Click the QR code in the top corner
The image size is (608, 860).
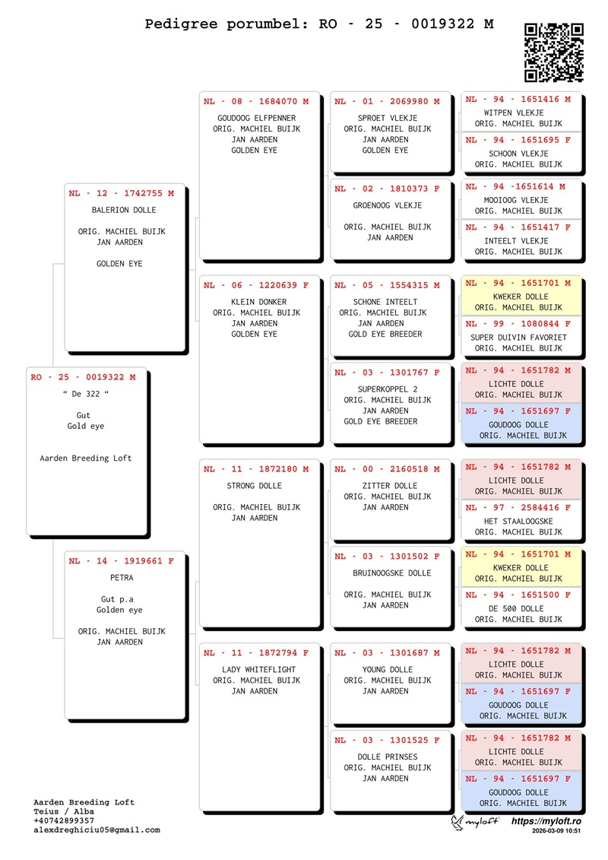tap(554, 52)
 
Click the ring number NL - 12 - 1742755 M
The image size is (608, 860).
tap(121, 193)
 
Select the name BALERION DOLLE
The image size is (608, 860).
tap(124, 210)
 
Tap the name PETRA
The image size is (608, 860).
tap(122, 578)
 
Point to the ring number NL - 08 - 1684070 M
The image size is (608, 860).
tap(256, 101)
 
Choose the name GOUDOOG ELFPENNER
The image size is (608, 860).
tap(256, 118)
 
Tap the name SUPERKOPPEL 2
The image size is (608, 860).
tap(388, 389)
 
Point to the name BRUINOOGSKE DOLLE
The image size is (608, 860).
tap(392, 573)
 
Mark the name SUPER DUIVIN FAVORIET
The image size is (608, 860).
tap(518, 338)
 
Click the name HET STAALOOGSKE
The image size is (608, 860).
tap(518, 522)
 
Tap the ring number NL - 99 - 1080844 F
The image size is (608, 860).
tap(518, 324)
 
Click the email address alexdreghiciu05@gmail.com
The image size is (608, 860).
tap(97, 830)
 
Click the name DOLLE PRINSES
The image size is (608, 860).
tap(388, 757)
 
